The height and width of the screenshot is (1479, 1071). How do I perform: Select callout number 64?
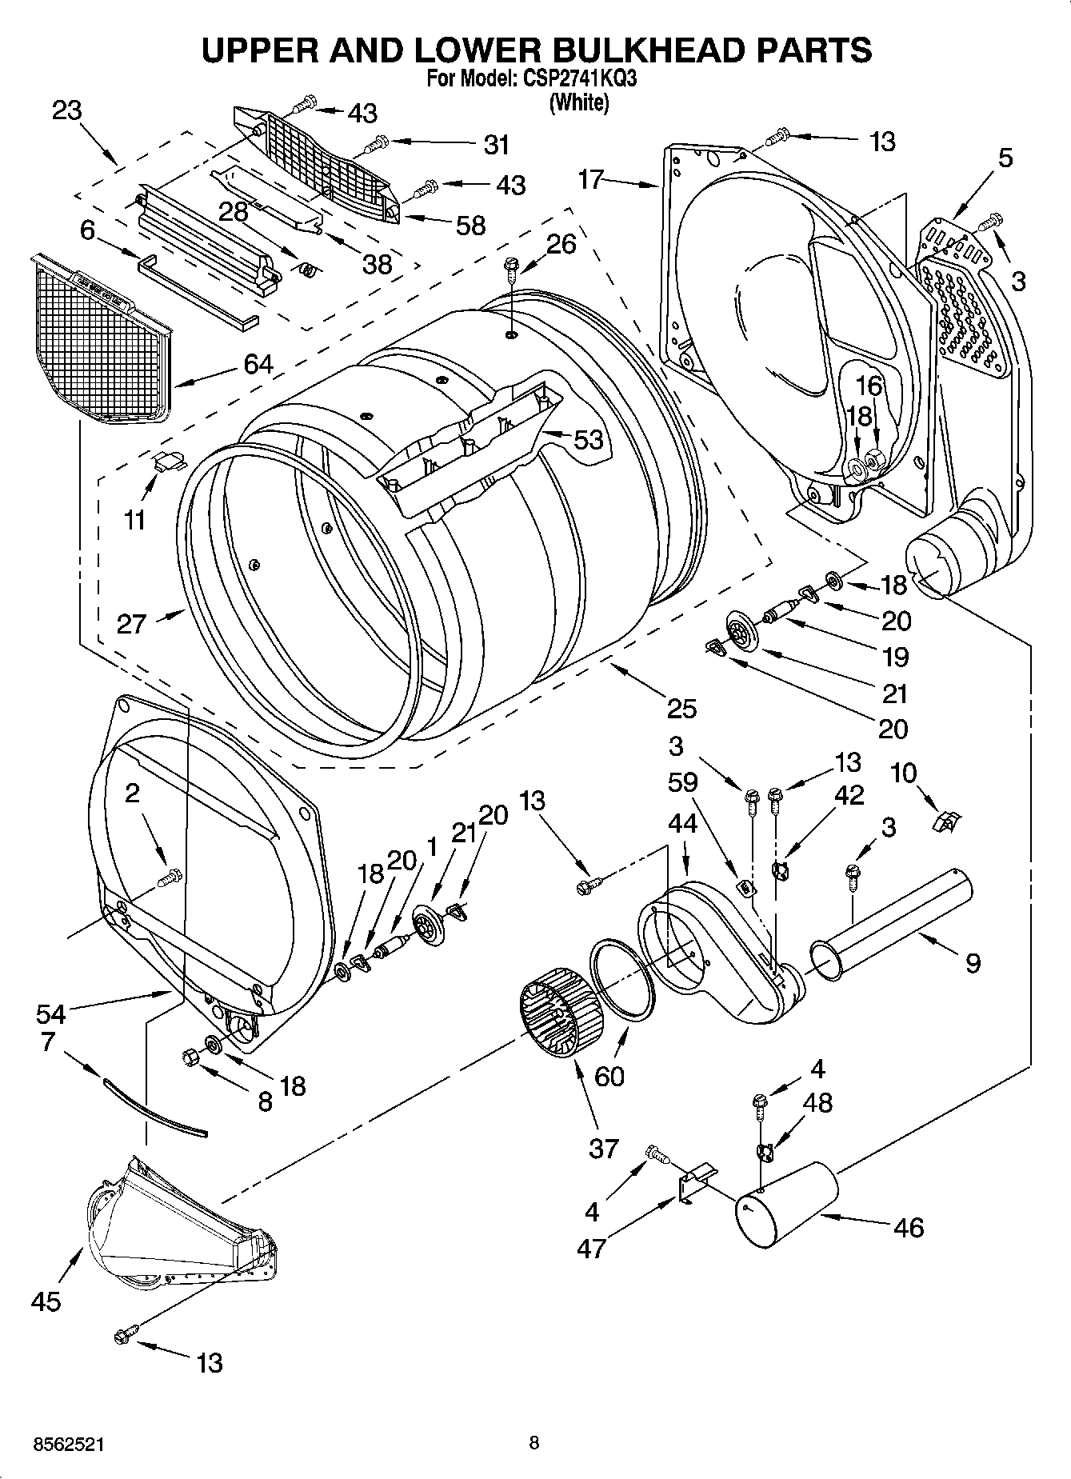pyautogui.click(x=258, y=365)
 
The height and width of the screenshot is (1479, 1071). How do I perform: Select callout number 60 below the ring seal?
pyautogui.click(x=609, y=1077)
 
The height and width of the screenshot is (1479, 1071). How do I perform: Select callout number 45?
pyautogui.click(x=45, y=1301)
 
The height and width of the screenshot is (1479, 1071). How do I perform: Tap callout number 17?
pyautogui.click(x=590, y=179)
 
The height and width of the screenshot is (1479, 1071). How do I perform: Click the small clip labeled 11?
pyautogui.click(x=169, y=460)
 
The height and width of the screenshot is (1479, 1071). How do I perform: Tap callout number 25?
pyautogui.click(x=681, y=708)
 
